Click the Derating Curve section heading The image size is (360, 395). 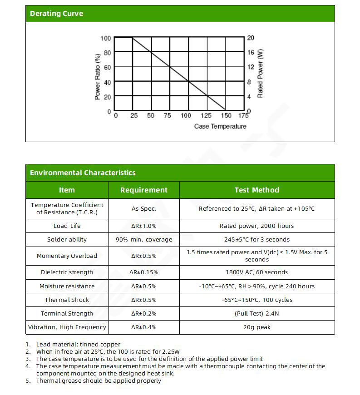click(57, 14)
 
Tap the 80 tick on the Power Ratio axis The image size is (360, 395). click(107, 53)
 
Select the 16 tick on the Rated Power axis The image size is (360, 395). click(251, 53)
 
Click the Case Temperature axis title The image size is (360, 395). click(220, 126)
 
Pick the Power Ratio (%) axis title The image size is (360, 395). click(97, 77)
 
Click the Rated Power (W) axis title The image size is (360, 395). click(260, 74)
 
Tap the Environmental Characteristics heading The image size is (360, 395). click(83, 173)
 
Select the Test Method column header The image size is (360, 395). click(256, 190)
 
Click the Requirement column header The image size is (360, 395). click(144, 190)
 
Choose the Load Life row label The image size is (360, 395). click(67, 226)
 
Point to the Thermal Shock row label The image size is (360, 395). click(67, 300)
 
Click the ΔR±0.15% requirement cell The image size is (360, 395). click(144, 272)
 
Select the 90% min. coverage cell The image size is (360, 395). click(144, 240)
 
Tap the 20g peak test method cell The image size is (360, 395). click(256, 327)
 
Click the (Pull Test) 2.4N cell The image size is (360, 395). click(256, 314)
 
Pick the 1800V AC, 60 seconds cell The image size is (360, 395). click(256, 272)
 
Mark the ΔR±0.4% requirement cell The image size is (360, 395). click(144, 327)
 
